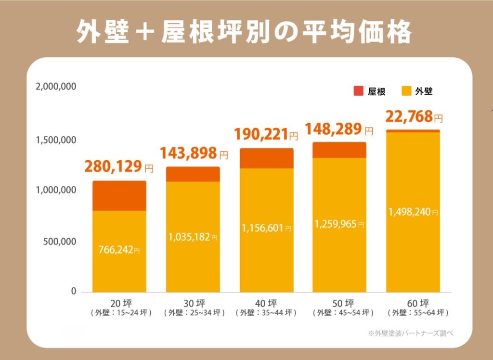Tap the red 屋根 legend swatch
tap(358, 91)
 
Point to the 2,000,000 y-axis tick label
tap(56, 87)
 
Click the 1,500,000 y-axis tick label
tap(56, 141)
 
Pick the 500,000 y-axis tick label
tap(59, 242)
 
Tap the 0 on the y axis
tap(74, 292)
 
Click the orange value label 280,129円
tap(119, 167)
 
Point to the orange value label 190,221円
tap(266, 134)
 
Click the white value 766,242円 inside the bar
tap(119, 250)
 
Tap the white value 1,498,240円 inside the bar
tap(413, 212)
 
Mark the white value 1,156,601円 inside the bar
tap(266, 229)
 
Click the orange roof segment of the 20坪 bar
tap(119, 196)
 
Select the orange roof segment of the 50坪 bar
tap(339, 150)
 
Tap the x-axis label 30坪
tap(193, 303)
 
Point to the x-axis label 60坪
tap(413, 303)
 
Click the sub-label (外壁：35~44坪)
tap(266, 313)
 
